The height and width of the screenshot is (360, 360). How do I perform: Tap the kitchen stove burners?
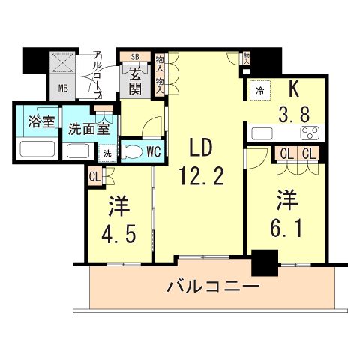tap(309, 133)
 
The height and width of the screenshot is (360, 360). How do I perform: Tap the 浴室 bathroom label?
tap(37, 122)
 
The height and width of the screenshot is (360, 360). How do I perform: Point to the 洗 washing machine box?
tap(107, 154)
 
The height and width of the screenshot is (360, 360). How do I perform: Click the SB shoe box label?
tap(135, 56)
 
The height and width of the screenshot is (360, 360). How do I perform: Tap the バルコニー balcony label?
tap(213, 286)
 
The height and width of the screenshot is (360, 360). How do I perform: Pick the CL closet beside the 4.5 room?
tap(94, 177)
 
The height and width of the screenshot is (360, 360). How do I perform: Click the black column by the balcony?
tap(264, 264)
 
